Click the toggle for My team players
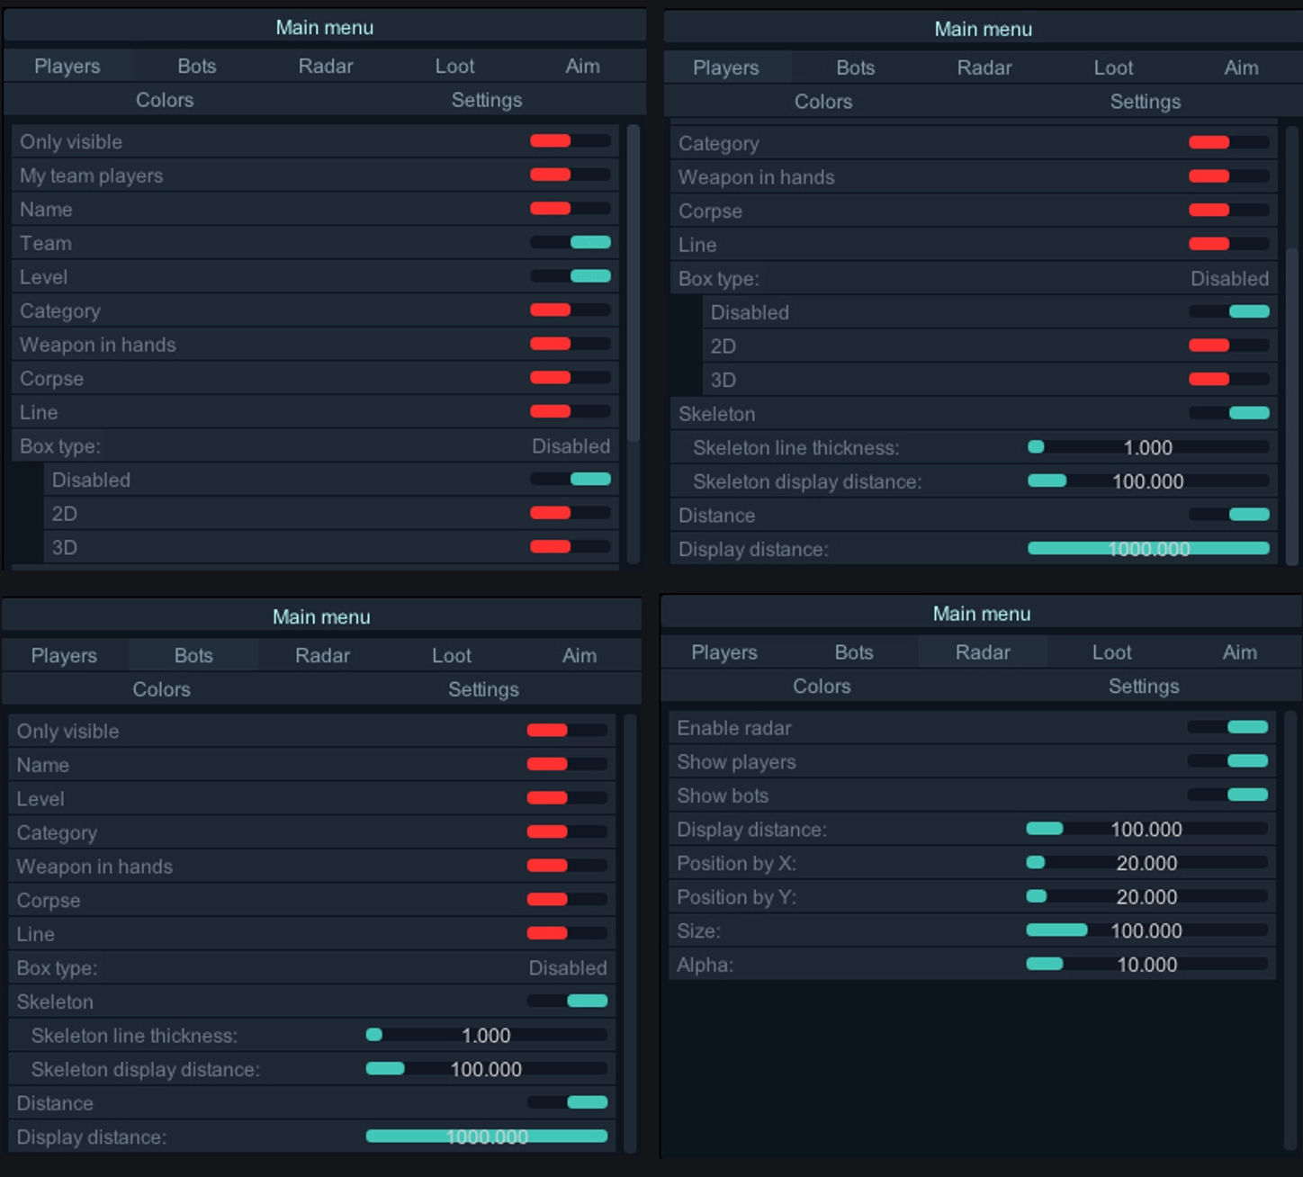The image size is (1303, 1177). [570, 175]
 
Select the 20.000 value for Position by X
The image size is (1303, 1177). [1146, 864]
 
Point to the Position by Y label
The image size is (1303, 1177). [736, 897]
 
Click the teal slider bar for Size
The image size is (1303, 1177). [1056, 930]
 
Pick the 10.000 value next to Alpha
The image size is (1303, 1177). [1146, 965]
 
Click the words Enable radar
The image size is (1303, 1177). [734, 728]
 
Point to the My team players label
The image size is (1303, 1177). [92, 175]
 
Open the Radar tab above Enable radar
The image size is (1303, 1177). [983, 652]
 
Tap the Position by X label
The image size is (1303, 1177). [736, 864]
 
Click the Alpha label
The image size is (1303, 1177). [705, 965]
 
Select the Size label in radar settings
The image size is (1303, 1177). [698, 931]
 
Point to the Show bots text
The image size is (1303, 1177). [723, 795]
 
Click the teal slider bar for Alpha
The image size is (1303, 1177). [1045, 965]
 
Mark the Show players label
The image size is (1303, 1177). [736, 762]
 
